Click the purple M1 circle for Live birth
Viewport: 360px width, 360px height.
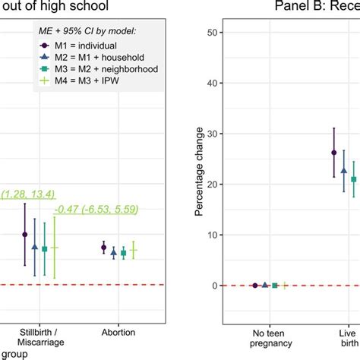point(334,153)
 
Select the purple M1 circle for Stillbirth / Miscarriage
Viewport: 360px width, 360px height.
point(25,235)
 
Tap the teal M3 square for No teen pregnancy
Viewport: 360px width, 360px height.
point(275,286)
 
